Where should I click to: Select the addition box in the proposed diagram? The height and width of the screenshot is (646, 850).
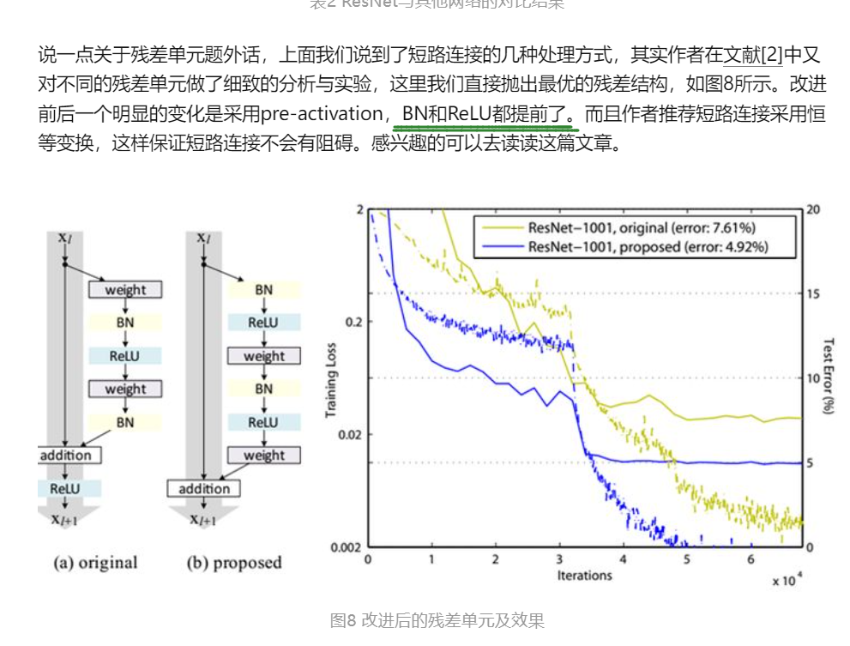(x=203, y=489)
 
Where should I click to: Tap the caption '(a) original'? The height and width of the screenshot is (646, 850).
(x=95, y=564)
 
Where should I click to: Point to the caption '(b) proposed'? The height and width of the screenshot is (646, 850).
(x=234, y=564)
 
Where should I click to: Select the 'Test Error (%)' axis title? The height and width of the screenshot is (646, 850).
(x=827, y=377)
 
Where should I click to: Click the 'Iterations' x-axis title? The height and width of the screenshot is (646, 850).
(x=583, y=575)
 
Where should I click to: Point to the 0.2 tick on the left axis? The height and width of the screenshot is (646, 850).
(x=353, y=322)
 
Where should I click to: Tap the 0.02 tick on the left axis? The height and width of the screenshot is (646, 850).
(x=348, y=434)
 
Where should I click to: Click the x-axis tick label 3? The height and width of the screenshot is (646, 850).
(x=559, y=559)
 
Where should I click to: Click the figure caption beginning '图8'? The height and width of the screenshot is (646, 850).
(x=437, y=620)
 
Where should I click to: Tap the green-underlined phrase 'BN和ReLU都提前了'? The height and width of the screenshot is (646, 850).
(x=486, y=114)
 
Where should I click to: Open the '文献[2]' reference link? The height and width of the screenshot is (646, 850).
(x=753, y=57)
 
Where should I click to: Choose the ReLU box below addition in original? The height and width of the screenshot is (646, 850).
(x=69, y=488)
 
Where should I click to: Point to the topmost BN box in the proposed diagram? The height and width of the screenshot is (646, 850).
(x=263, y=290)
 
